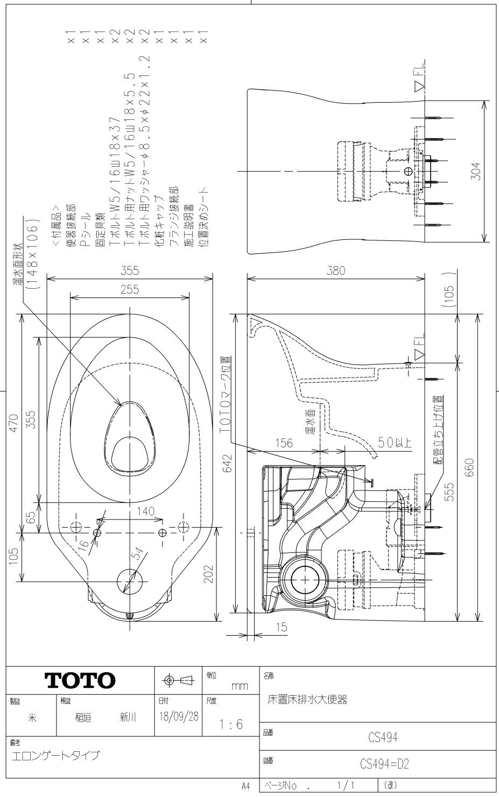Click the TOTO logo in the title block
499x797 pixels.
(x=80, y=680)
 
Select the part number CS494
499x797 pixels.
(x=382, y=737)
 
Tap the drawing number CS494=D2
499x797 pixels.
(x=384, y=764)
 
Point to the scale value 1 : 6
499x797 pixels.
(x=231, y=724)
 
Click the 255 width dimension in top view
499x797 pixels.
(x=130, y=289)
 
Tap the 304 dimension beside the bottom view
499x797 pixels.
(x=475, y=171)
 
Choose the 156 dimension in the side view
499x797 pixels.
(x=284, y=443)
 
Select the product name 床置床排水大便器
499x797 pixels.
(x=307, y=700)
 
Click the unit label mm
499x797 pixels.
(x=240, y=686)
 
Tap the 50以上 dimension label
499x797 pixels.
(x=394, y=443)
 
